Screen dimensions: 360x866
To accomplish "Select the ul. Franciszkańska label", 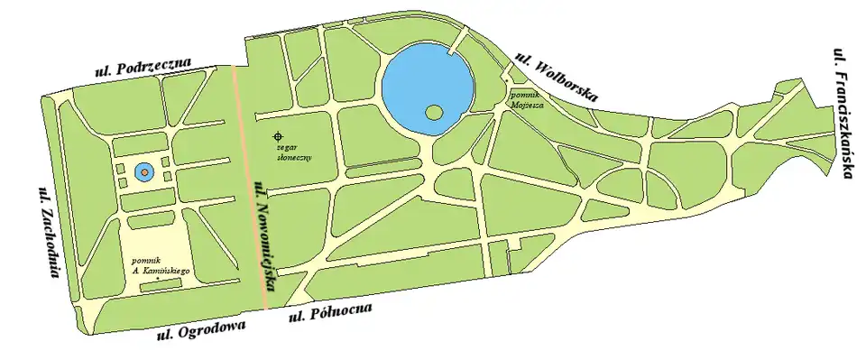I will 843,113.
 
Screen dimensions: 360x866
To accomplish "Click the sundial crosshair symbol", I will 278,136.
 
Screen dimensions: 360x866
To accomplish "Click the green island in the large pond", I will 434,113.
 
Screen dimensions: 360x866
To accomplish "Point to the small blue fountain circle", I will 143,171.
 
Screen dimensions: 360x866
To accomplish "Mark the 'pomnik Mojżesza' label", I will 523,97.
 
